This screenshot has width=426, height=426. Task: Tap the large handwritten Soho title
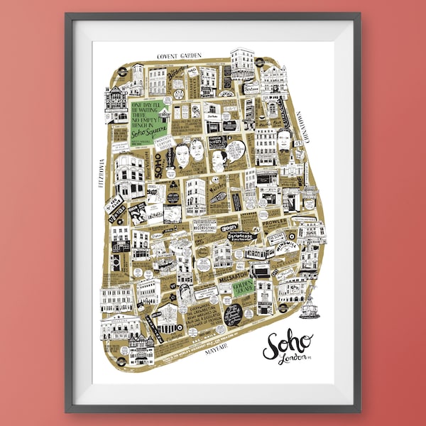pos(288,344)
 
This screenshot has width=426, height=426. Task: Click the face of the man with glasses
pos(284,141)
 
